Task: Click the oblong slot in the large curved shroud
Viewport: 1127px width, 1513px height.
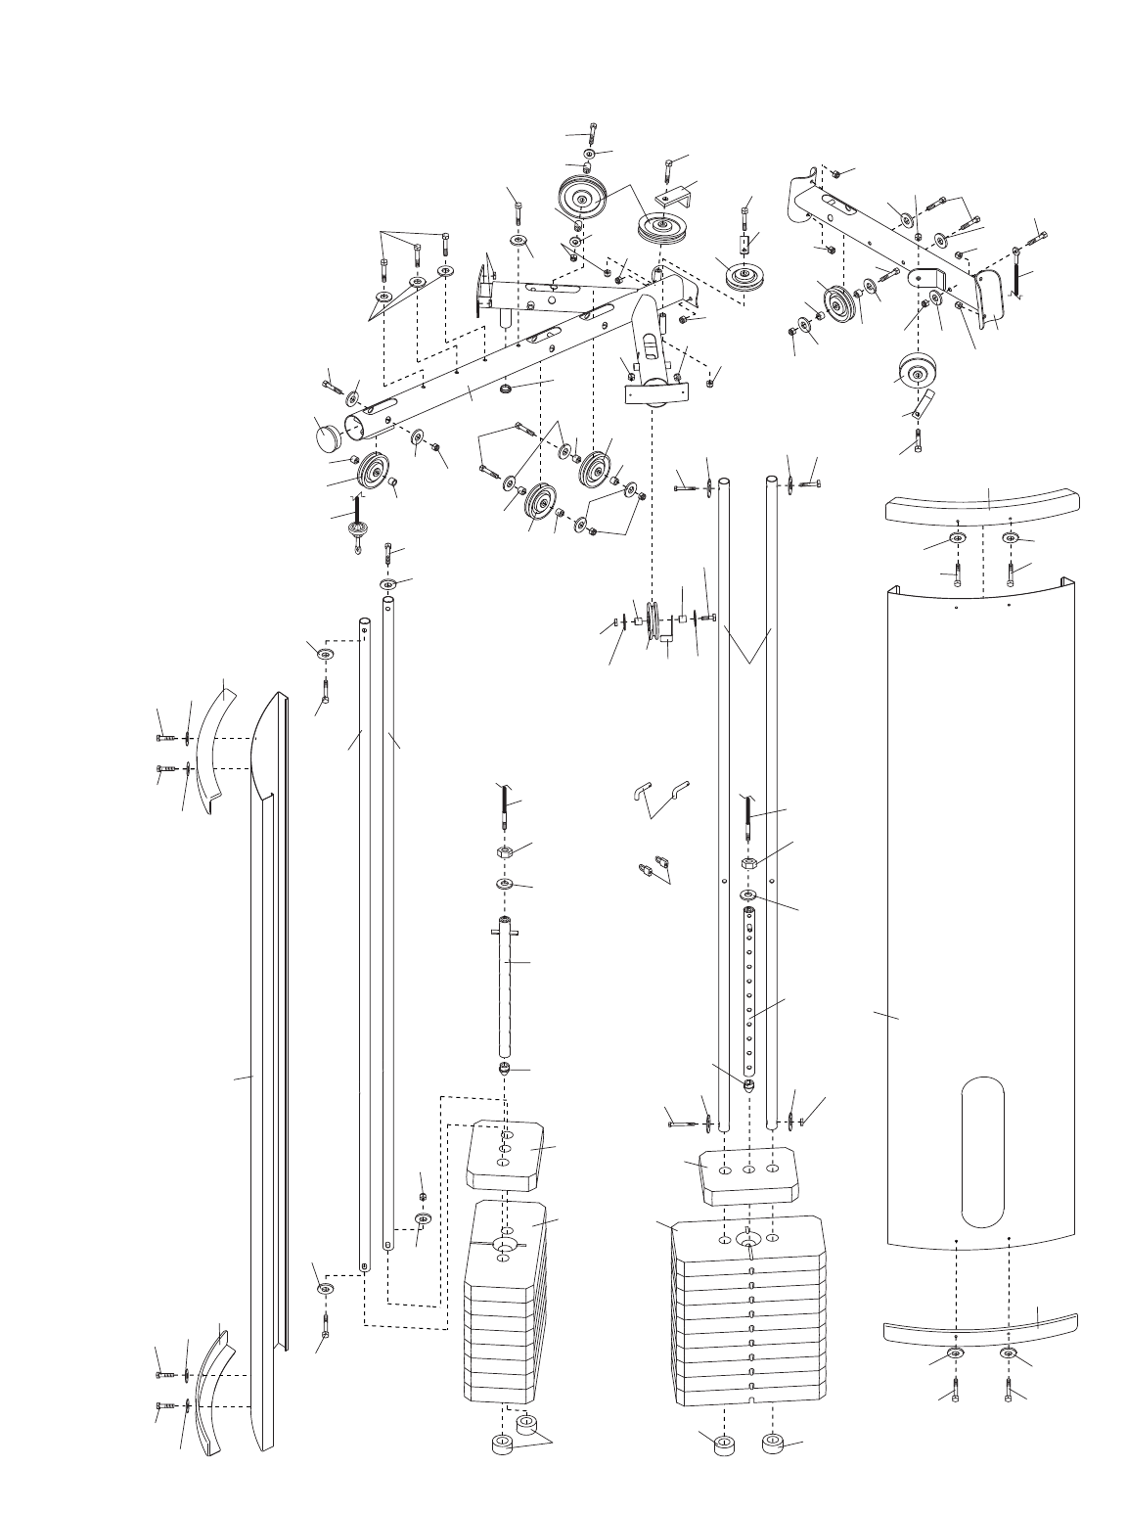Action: pos(983,1152)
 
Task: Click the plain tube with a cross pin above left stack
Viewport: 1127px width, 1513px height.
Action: pos(505,988)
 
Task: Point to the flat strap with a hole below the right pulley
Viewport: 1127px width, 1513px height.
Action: pos(923,402)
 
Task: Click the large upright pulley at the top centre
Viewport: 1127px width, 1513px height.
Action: pos(581,201)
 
